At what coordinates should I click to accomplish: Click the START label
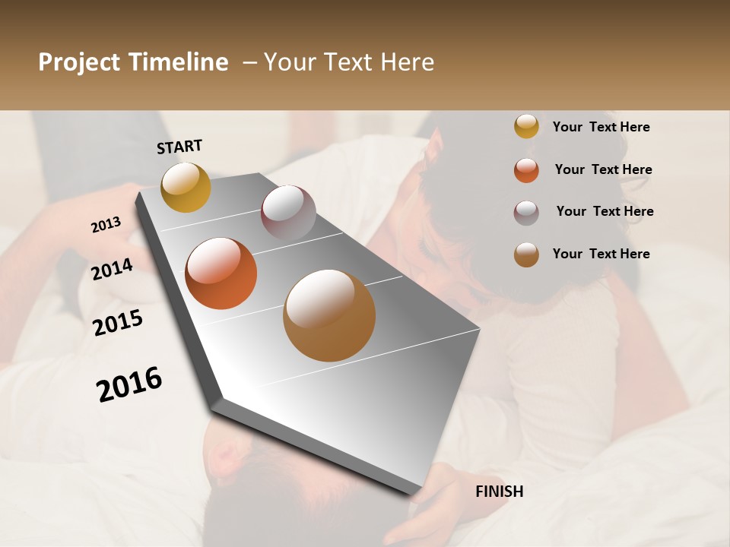[179, 147]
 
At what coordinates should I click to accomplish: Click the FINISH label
[500, 492]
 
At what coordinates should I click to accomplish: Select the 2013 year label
[106, 225]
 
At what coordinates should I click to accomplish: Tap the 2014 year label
[112, 270]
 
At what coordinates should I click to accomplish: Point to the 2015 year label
[118, 323]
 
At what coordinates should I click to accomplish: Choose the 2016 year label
[129, 384]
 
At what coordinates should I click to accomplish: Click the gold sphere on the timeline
[186, 187]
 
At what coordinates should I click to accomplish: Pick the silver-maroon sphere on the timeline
[288, 213]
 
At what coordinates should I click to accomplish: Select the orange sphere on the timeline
[221, 273]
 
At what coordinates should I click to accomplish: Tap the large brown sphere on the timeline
[329, 315]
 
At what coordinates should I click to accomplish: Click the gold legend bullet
[526, 127]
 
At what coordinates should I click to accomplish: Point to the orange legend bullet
[526, 170]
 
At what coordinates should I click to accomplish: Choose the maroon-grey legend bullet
[526, 213]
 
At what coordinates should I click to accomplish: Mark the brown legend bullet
[526, 255]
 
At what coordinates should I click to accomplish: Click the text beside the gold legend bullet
[601, 128]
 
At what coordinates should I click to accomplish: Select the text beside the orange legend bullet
[603, 170]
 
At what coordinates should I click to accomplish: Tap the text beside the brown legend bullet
[601, 254]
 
